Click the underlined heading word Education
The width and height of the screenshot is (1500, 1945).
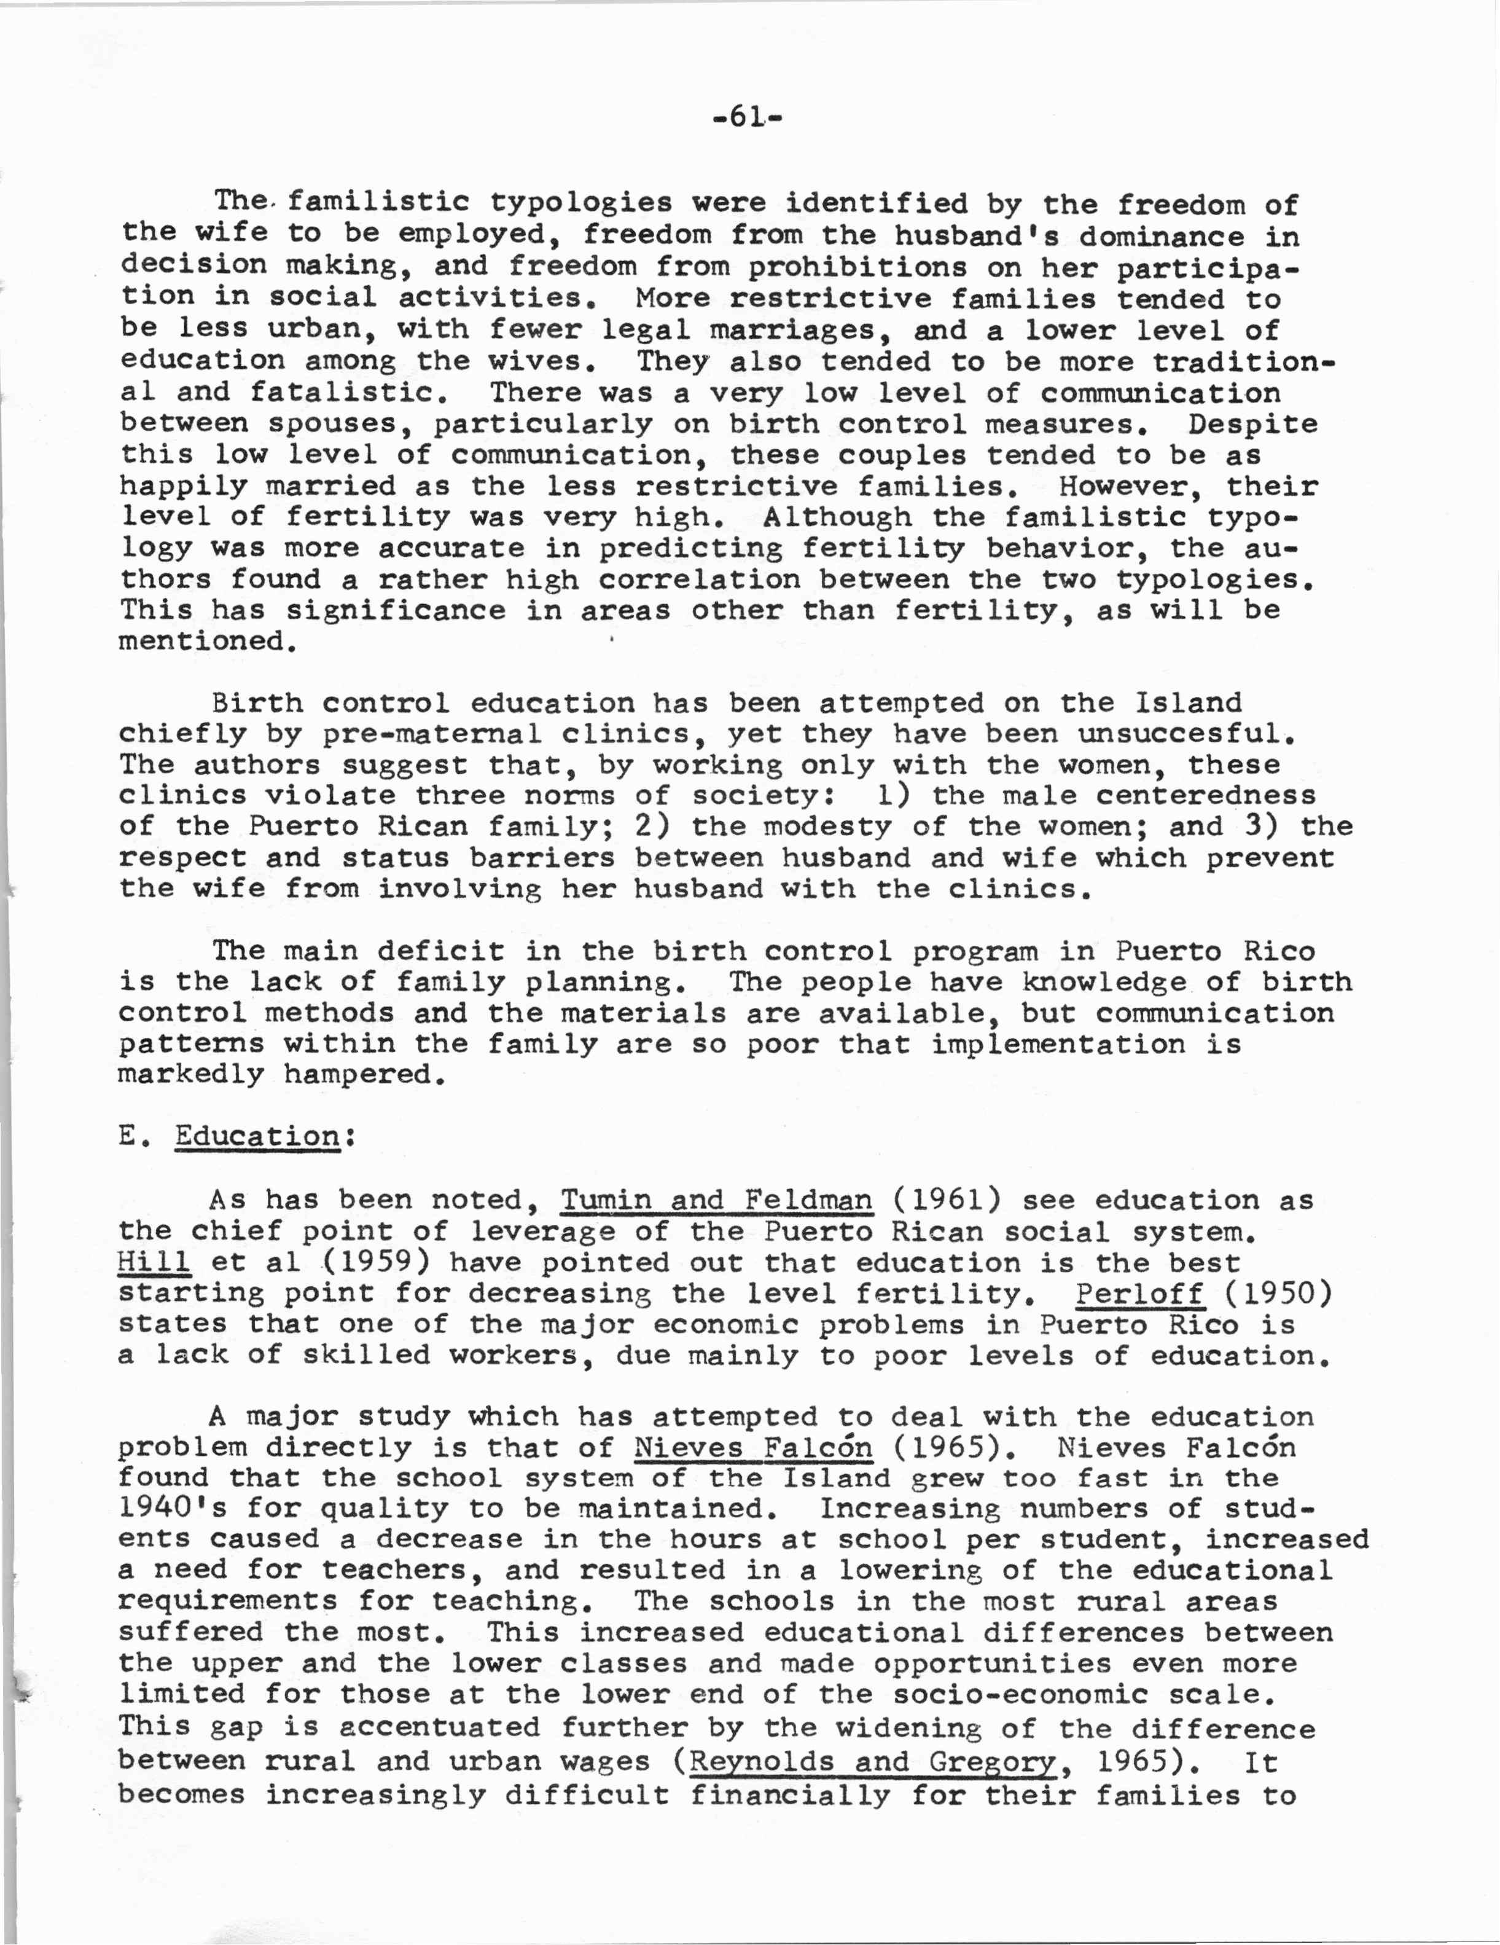(257, 1136)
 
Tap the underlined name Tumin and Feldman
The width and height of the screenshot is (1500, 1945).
(717, 1200)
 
